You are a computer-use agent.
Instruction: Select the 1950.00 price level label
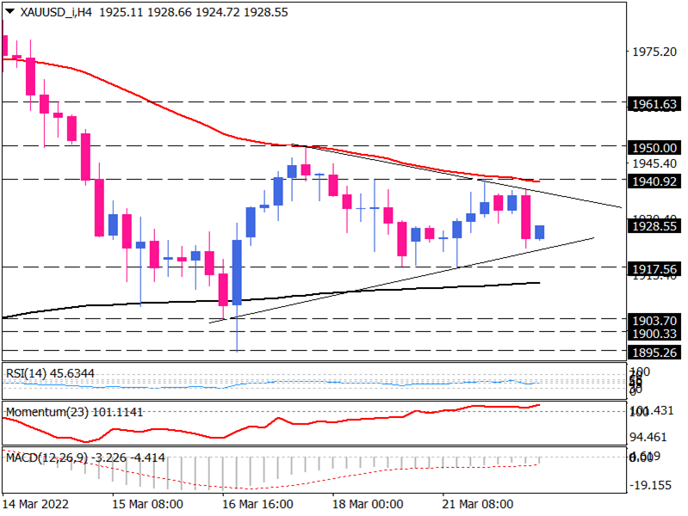point(653,146)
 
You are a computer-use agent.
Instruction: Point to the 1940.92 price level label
point(653,180)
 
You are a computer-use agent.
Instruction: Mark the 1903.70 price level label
point(653,319)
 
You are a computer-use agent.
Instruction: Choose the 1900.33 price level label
point(653,333)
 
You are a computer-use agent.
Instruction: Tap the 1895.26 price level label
point(653,351)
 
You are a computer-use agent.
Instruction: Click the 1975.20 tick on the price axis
point(652,52)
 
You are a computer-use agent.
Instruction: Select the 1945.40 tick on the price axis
point(652,163)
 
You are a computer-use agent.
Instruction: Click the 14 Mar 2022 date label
point(36,503)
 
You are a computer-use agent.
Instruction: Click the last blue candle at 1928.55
point(540,232)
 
